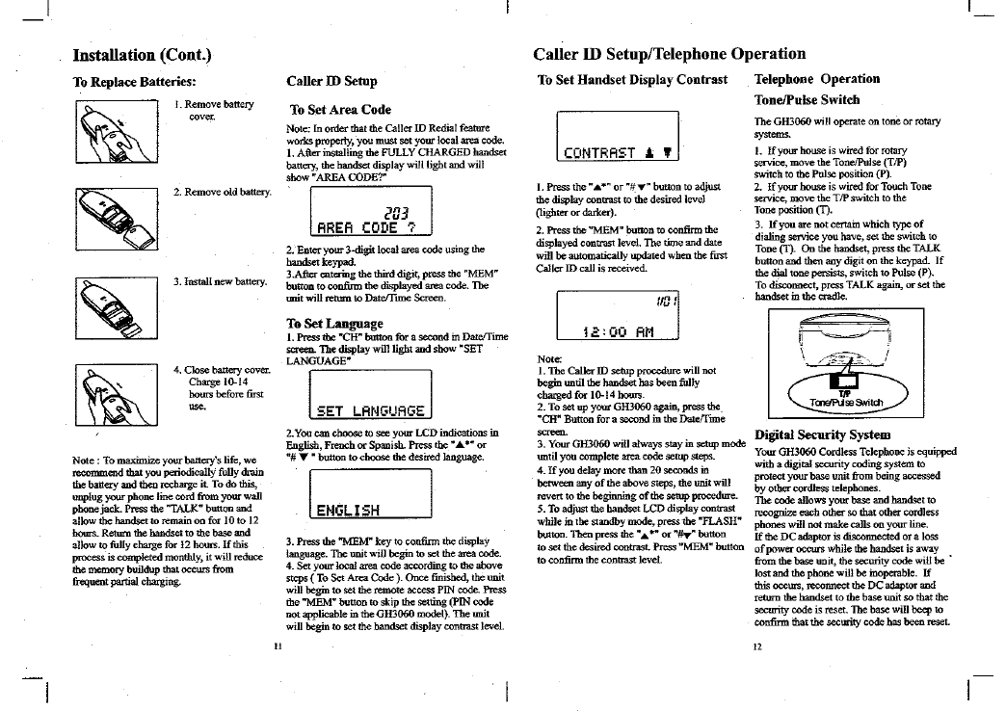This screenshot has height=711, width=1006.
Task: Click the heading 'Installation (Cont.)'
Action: click(x=143, y=55)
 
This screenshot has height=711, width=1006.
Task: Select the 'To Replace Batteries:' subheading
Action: click(x=135, y=81)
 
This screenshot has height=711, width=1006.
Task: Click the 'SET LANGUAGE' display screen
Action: click(x=371, y=395)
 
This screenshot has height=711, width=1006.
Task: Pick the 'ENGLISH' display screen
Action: click(x=371, y=494)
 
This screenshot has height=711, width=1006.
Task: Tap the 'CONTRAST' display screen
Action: click(x=618, y=136)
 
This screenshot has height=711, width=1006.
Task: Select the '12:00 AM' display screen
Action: click(x=618, y=314)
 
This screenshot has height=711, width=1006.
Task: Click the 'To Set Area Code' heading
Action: click(x=340, y=110)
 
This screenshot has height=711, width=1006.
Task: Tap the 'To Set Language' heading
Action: click(x=334, y=324)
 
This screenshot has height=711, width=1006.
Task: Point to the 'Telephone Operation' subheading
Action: click(x=816, y=79)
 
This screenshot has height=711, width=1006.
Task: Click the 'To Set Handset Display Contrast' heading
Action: click(x=632, y=79)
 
